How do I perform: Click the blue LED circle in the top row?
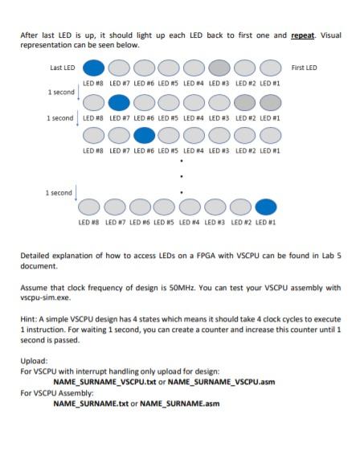pos(94,68)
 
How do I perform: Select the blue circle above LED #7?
pos(119,102)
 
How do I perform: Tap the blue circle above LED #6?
pos(145,135)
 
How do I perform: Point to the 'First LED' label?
pos(304,68)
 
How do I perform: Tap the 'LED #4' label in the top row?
pos(194,83)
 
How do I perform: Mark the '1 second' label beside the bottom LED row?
pos(59,193)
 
